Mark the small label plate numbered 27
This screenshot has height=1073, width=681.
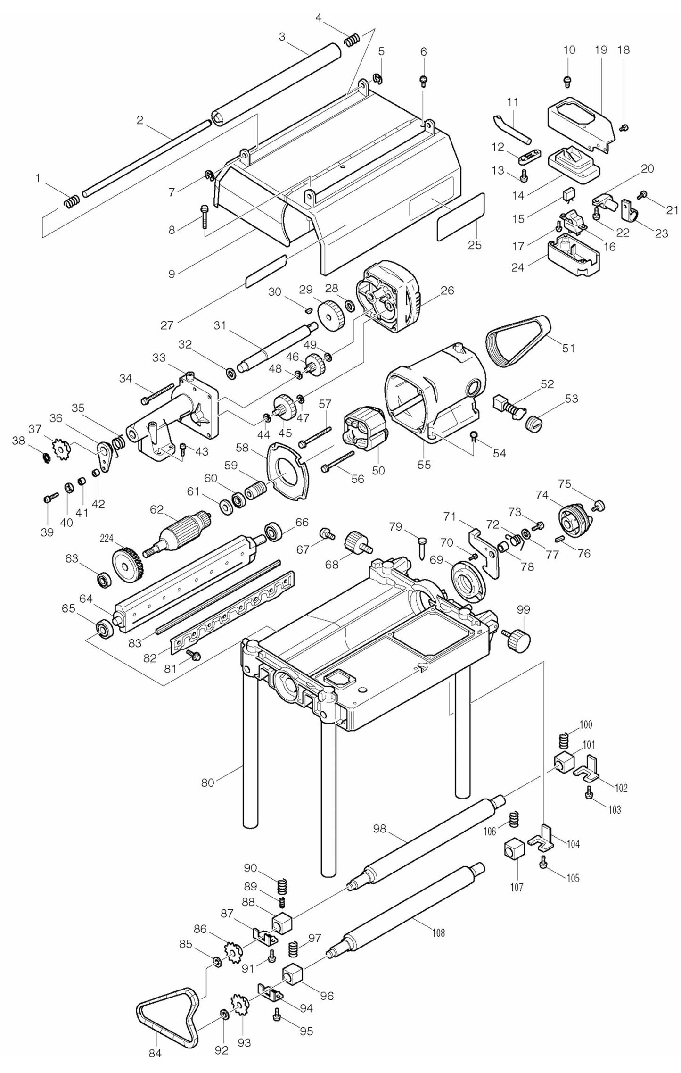click(x=266, y=271)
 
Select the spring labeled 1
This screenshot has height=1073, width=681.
click(x=70, y=202)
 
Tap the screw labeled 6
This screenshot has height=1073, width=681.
click(x=423, y=81)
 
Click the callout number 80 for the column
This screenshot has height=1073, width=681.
click(x=207, y=782)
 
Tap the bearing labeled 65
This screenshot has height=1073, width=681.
click(x=103, y=629)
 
